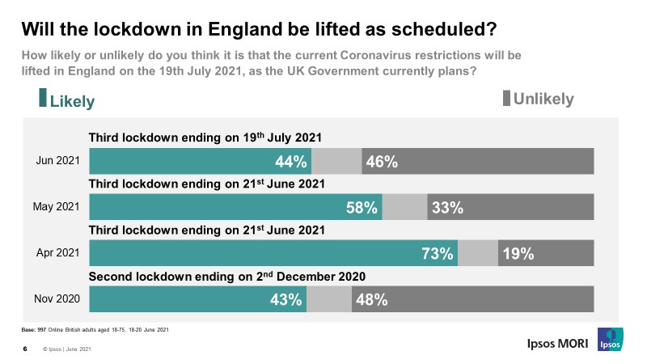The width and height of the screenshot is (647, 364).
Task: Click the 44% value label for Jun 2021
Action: [x=291, y=161]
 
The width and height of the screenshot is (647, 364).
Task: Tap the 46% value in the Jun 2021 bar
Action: [x=381, y=161]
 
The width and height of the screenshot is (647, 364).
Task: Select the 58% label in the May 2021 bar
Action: [x=362, y=207]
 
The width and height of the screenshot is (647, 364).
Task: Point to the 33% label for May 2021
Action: [x=446, y=207]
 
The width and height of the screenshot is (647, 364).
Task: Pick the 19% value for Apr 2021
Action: [x=518, y=253]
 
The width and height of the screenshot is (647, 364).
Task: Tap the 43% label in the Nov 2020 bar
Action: [x=286, y=299]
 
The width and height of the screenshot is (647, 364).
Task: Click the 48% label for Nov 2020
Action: [x=372, y=299]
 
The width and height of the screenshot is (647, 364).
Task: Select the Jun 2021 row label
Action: [x=58, y=161]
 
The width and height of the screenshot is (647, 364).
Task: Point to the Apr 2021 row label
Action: [x=58, y=253]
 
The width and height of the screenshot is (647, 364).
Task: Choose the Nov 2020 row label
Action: [x=58, y=299]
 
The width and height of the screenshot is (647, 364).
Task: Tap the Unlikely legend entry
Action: [x=539, y=99]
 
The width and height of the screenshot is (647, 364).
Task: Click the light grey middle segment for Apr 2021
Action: [x=478, y=253]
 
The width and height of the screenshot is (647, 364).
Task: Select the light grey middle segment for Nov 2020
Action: [x=329, y=299]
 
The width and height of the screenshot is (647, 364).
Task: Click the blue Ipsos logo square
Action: [x=609, y=341]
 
